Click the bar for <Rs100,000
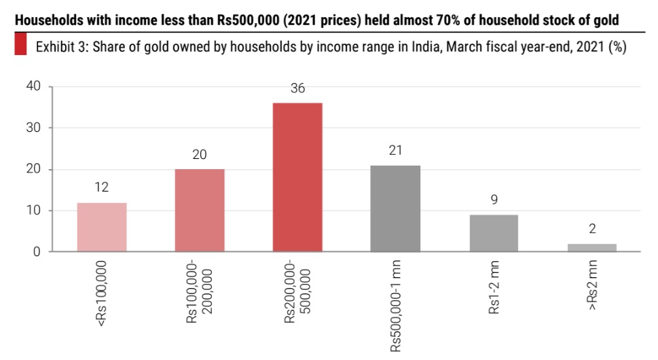point(102,228)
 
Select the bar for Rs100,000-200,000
point(200,211)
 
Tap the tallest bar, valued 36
point(297,177)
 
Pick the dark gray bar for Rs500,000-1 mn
point(395,209)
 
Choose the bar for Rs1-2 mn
point(494,233)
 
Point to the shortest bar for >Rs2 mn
point(591,248)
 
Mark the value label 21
point(395,150)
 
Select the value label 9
point(494,200)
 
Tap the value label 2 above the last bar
point(591,229)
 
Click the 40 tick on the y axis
point(35,86)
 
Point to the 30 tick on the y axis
point(35,128)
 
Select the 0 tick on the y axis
point(38,252)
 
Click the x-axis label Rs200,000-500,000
point(297,294)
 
